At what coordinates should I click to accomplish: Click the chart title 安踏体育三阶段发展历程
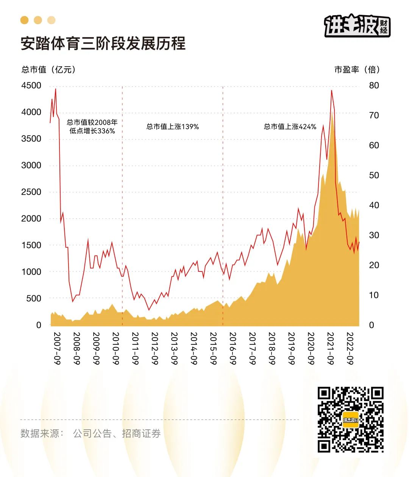coord(103,44)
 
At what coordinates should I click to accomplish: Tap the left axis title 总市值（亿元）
coord(48,70)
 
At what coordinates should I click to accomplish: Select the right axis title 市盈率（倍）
coord(357,70)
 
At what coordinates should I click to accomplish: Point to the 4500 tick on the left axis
coord(31,86)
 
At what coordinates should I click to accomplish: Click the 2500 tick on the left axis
coord(31,192)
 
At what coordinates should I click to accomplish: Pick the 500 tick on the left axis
coord(33,298)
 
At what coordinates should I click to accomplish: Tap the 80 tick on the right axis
coord(374,86)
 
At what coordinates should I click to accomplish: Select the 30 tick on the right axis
coord(374,235)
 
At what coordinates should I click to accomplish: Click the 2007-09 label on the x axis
coord(57,349)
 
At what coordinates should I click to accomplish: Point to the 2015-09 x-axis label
coord(213,349)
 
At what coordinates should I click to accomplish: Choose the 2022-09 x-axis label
coord(350,349)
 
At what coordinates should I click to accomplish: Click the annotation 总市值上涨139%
coord(173,127)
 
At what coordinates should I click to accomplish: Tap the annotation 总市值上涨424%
coord(290,127)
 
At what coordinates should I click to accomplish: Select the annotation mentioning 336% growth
coord(92,126)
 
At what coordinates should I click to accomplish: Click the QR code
coord(350,419)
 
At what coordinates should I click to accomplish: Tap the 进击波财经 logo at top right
coord(357,26)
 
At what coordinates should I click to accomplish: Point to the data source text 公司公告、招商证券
coord(117,433)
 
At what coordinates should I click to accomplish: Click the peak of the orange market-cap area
coord(332,113)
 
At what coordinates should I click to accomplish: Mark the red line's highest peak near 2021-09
coord(331,90)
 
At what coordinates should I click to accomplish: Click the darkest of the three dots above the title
coord(25,20)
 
